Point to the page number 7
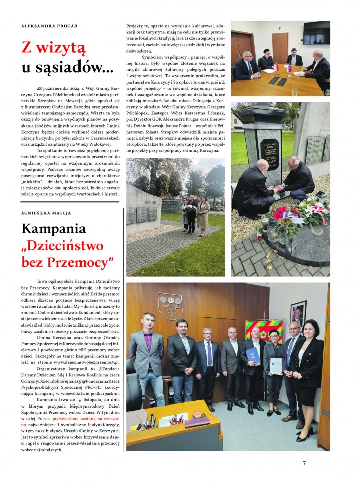click(x=304, y=463)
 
